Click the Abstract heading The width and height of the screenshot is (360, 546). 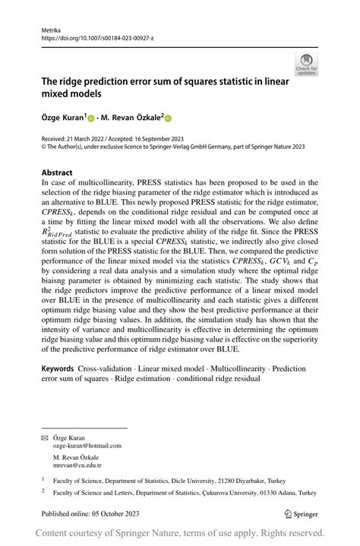[x=57, y=172]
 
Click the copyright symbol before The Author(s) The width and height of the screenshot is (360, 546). [x=43, y=148]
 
